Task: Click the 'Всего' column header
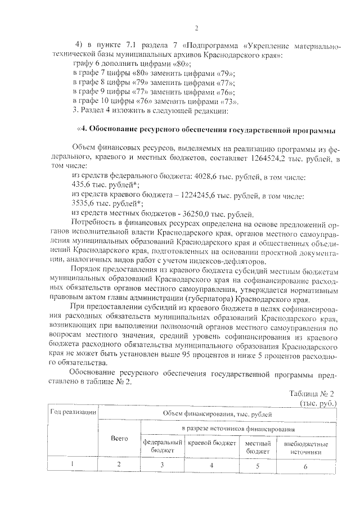(x=119, y=438)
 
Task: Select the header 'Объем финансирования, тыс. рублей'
(x=217, y=414)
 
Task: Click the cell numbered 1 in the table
(x=73, y=465)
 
